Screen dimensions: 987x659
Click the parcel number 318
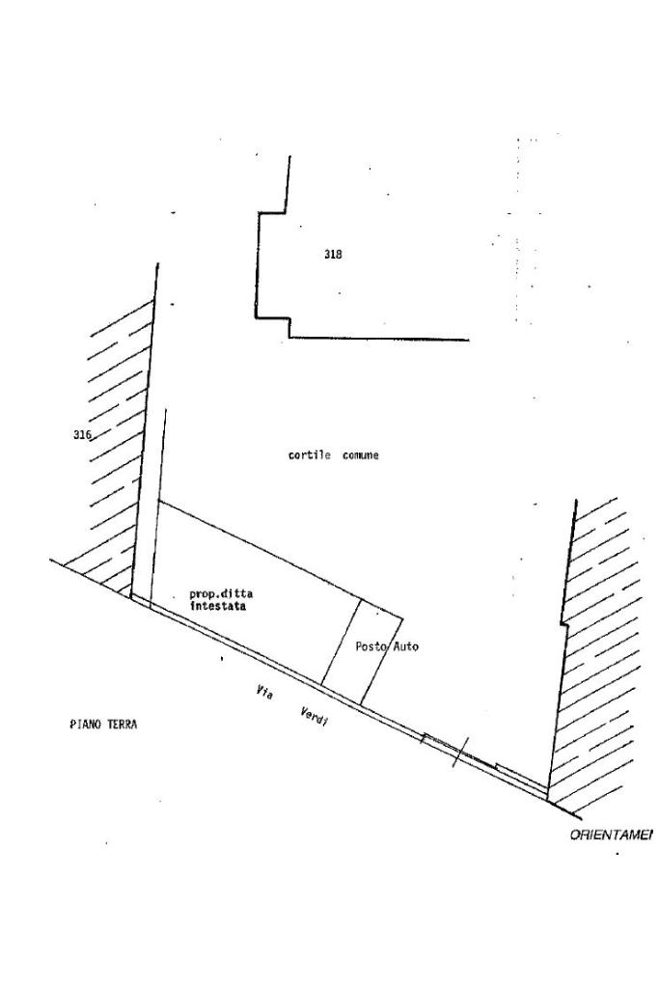tap(333, 255)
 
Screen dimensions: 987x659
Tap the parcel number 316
tap(82, 435)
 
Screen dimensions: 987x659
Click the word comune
tap(360, 455)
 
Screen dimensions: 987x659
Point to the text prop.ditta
tap(221, 595)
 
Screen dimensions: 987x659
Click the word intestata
tap(218, 608)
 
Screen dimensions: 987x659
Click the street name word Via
tap(263, 692)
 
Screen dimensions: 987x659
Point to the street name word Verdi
tap(314, 718)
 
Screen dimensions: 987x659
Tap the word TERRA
tap(121, 724)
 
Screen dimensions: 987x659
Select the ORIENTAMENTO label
tap(611, 835)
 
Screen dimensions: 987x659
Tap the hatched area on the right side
tap(603, 656)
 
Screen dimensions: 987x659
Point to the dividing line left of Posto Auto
tap(341, 644)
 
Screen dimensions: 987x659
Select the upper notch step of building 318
tap(272, 213)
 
